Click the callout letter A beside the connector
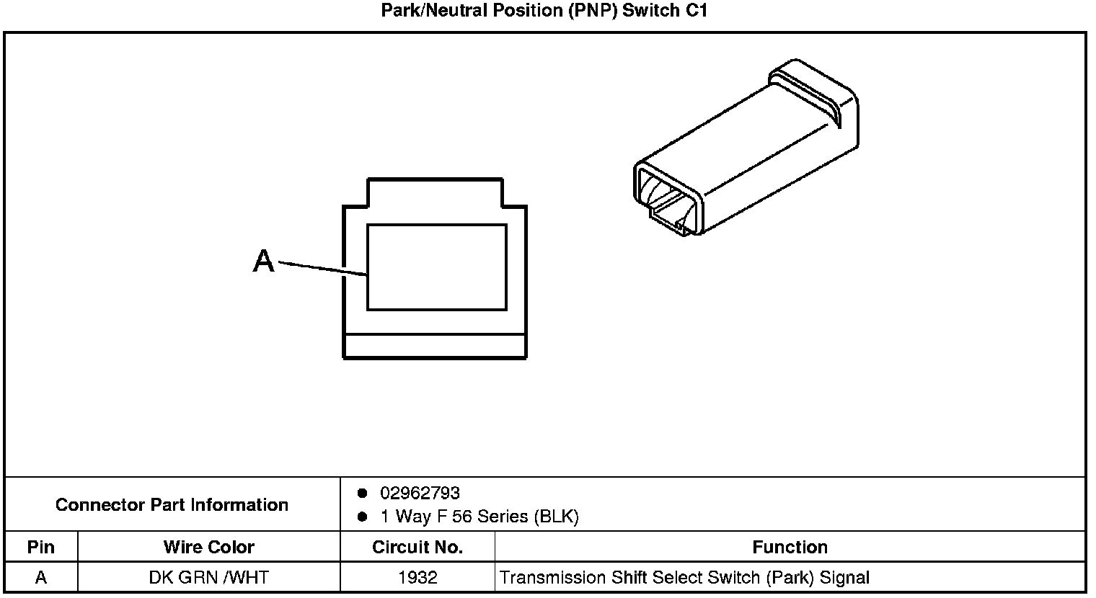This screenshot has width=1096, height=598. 264,261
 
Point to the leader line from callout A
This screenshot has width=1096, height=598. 322,268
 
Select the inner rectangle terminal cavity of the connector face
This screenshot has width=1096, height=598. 436,267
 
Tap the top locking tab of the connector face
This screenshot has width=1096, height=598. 435,192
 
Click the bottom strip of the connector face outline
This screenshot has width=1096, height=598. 435,347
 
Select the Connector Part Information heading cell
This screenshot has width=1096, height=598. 172,504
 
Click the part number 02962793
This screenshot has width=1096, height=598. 420,494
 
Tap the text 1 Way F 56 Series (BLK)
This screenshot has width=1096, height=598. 479,517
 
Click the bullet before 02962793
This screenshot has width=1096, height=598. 363,494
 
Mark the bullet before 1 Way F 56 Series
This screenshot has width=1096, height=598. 363,517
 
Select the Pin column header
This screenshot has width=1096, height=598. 41,547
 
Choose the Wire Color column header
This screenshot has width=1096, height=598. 208,547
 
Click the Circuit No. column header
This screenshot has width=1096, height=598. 417,547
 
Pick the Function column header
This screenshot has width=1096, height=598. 790,547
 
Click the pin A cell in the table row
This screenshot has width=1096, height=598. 41,577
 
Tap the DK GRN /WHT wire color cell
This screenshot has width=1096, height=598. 208,577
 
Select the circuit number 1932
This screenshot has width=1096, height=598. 417,577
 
